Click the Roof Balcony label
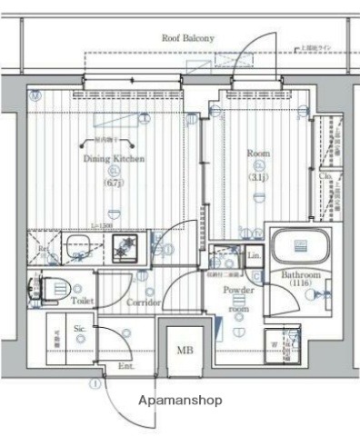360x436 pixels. pyautogui.click(x=187, y=38)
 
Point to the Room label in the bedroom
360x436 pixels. pyautogui.click(x=258, y=154)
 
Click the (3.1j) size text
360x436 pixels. pyautogui.click(x=258, y=177)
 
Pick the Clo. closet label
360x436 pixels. pyautogui.click(x=325, y=176)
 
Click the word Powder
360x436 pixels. pyautogui.click(x=238, y=291)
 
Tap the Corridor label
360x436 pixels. pyautogui.click(x=144, y=302)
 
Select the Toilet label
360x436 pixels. pyautogui.click(x=82, y=299)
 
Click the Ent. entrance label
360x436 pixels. pyautogui.click(x=125, y=366)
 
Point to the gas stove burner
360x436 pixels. pyautogui.click(x=123, y=245)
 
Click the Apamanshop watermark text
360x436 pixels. pyautogui.click(x=179, y=400)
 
